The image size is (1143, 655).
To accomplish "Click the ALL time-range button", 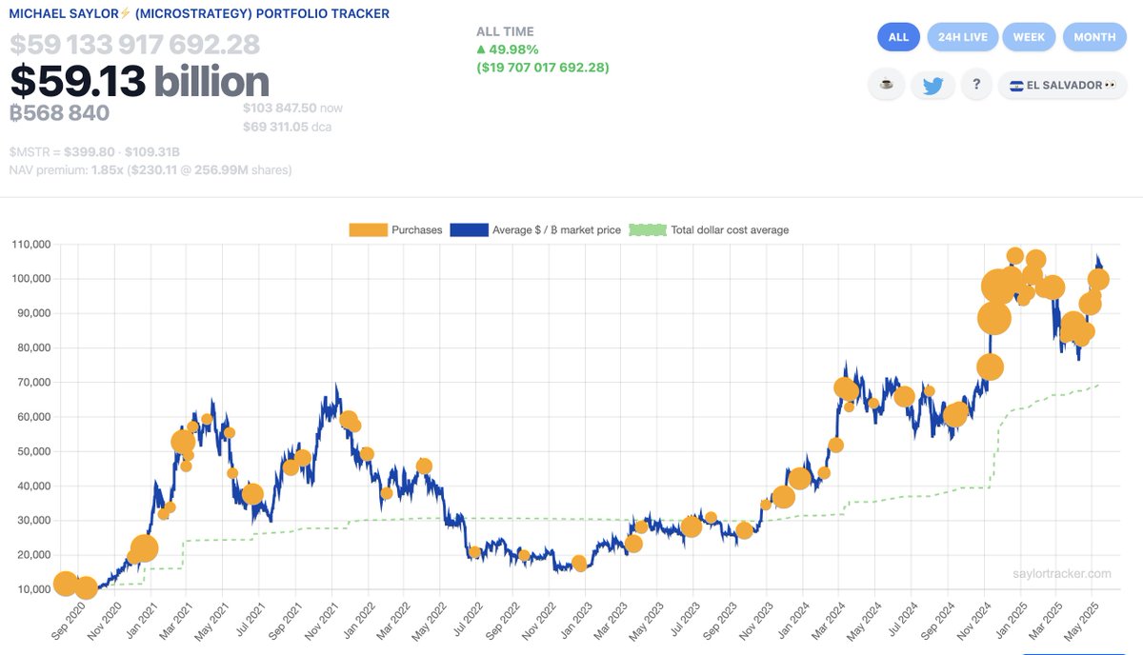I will tap(898, 37).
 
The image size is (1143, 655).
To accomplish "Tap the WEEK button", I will tap(1029, 37).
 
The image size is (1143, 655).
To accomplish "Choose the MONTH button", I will tap(1094, 37).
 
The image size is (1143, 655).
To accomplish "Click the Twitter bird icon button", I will tap(932, 85).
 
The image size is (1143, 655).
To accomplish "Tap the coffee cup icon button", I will tap(887, 85).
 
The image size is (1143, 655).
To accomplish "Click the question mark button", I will tap(975, 85).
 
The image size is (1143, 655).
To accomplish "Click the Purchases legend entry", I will tap(395, 229).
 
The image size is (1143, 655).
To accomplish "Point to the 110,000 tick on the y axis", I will tap(30, 245).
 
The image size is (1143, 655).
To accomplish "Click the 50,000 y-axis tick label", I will tap(33, 451).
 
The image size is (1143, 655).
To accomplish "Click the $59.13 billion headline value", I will tap(140, 82).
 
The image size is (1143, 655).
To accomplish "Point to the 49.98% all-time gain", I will tap(511, 50).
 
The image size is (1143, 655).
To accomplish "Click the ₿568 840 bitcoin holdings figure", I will tap(59, 113).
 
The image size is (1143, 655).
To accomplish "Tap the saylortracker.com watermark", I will tap(1061, 574).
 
